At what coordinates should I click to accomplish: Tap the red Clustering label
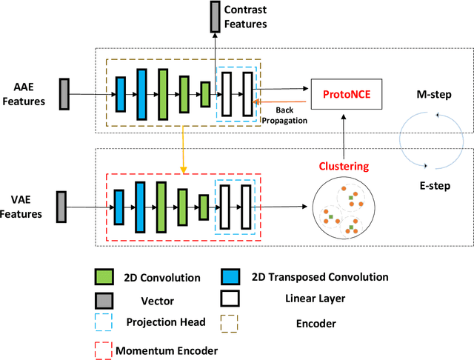coord(343,166)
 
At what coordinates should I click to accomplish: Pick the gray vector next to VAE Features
coord(61,205)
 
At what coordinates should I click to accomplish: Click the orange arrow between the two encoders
coord(181,148)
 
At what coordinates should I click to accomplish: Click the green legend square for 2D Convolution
coord(104,278)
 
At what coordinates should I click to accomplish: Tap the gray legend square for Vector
coord(104,301)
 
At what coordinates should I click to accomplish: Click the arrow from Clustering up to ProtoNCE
coord(342,133)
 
